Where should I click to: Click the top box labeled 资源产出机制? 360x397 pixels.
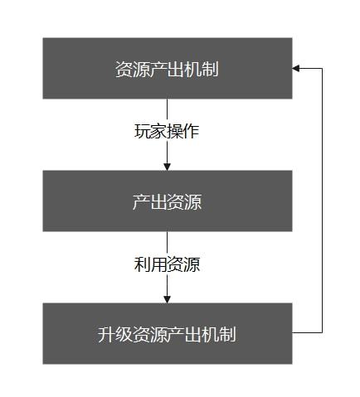168,68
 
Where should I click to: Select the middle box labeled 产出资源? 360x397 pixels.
168,201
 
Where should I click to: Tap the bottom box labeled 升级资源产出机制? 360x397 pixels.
168,333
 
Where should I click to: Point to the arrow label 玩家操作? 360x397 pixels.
167,131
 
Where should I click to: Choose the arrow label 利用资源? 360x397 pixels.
167,264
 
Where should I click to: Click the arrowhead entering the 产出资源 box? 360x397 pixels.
167,167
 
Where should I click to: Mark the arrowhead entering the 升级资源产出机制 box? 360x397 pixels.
167,299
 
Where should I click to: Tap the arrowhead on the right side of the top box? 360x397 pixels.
296,68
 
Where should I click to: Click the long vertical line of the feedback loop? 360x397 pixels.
322,201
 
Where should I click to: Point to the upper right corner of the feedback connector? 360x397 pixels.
322,68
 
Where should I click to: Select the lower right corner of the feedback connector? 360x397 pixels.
322,332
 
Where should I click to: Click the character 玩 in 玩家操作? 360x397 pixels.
143,131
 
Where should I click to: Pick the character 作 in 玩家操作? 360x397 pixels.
192,131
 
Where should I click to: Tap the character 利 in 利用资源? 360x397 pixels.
143,264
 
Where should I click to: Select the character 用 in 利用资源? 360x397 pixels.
159,264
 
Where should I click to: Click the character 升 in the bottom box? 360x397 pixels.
106,334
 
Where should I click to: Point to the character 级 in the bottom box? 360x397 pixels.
124,334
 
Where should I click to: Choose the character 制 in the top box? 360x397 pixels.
210,69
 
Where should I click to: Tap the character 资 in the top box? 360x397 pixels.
124,69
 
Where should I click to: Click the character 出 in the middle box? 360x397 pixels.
158,201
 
